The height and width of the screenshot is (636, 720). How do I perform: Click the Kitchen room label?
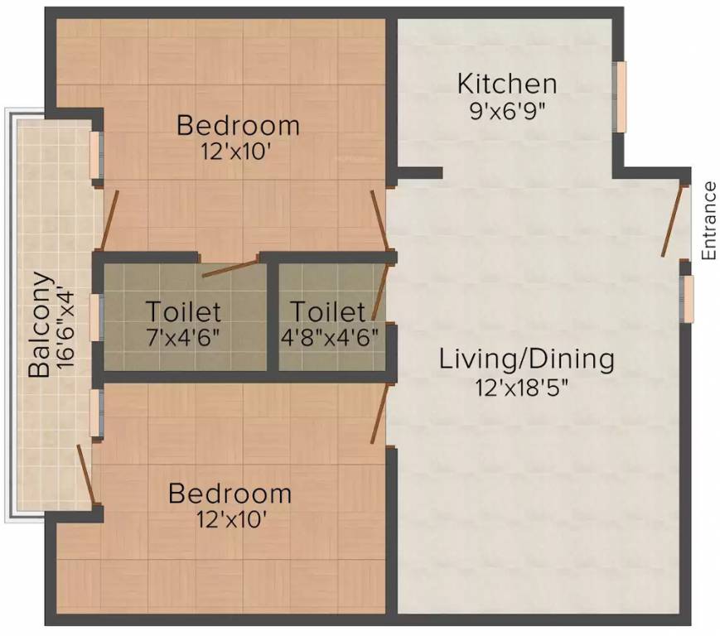pyautogui.click(x=507, y=84)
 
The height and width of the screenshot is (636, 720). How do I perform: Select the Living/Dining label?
pyautogui.click(x=527, y=360)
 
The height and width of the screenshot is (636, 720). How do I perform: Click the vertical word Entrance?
pyautogui.click(x=709, y=221)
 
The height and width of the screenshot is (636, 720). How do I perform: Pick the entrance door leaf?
pyautogui.click(x=673, y=220)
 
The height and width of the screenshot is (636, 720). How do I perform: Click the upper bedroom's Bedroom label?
pyautogui.click(x=239, y=126)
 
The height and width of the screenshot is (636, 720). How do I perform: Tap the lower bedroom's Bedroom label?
pyautogui.click(x=230, y=494)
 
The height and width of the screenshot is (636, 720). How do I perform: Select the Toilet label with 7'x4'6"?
pyautogui.click(x=184, y=312)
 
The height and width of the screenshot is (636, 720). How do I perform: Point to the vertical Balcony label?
pyautogui.click(x=39, y=325)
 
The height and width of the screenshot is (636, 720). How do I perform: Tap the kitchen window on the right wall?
pyautogui.click(x=620, y=96)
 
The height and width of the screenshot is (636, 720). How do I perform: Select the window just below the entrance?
pyautogui.click(x=687, y=298)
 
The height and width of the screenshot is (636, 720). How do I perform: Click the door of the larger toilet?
pyautogui.click(x=230, y=268)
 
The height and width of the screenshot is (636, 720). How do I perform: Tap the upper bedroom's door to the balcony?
pyautogui.click(x=109, y=220)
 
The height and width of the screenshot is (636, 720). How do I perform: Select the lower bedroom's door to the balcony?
pyautogui.click(x=88, y=474)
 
